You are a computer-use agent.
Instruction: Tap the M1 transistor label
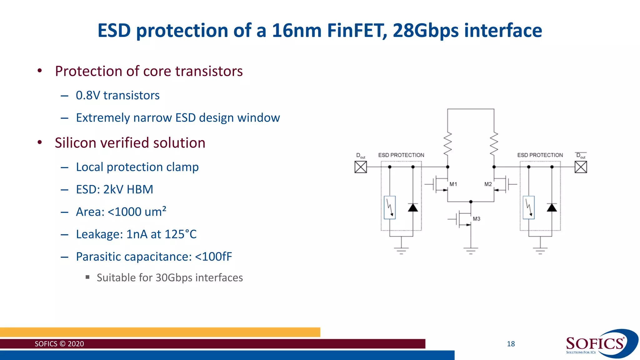(453, 184)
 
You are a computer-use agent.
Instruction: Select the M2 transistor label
(488, 184)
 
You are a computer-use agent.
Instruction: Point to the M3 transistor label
(476, 219)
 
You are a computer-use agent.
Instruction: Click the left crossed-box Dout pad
(361, 167)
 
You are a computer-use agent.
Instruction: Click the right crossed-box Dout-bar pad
(581, 167)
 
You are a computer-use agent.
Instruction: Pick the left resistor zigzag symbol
(448, 143)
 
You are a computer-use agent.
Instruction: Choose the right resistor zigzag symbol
(494, 143)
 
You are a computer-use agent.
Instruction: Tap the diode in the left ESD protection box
(413, 207)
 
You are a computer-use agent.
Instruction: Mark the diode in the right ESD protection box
(552, 207)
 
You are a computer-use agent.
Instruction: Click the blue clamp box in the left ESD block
(390, 207)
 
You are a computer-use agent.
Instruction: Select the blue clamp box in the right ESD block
(528, 207)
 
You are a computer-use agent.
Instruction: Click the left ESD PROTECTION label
(401, 155)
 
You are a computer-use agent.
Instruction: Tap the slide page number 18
(511, 344)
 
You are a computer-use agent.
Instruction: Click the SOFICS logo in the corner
(597, 344)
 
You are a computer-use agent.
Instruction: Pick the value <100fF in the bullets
(213, 257)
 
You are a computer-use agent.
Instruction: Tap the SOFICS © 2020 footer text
(59, 344)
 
